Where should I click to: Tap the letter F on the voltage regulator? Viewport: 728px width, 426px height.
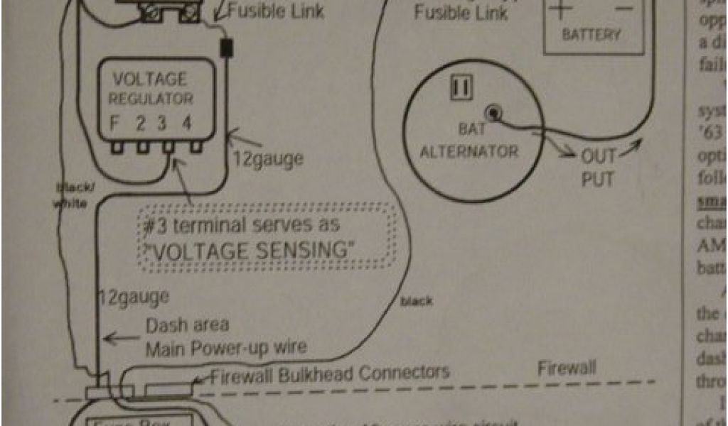pyautogui.click(x=114, y=121)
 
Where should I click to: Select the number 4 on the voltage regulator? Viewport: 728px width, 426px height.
pyautogui.click(x=186, y=121)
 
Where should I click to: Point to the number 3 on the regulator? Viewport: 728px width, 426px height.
pyautogui.click(x=162, y=121)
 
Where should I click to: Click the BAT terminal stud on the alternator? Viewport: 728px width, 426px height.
pyautogui.click(x=491, y=112)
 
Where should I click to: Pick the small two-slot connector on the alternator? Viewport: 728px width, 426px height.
pyautogui.click(x=461, y=87)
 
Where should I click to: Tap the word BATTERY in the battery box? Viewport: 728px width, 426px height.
pyautogui.click(x=591, y=34)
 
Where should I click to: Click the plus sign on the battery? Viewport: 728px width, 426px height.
pyautogui.click(x=561, y=9)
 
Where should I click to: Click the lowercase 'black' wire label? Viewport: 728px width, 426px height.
pyautogui.click(x=416, y=301)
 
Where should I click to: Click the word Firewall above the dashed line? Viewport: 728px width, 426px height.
pyautogui.click(x=567, y=368)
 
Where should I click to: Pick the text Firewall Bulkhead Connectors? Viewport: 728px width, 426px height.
pyautogui.click(x=330, y=373)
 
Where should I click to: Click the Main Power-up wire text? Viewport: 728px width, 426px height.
pyautogui.click(x=227, y=348)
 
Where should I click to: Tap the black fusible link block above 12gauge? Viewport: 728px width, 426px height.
pyautogui.click(x=227, y=48)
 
